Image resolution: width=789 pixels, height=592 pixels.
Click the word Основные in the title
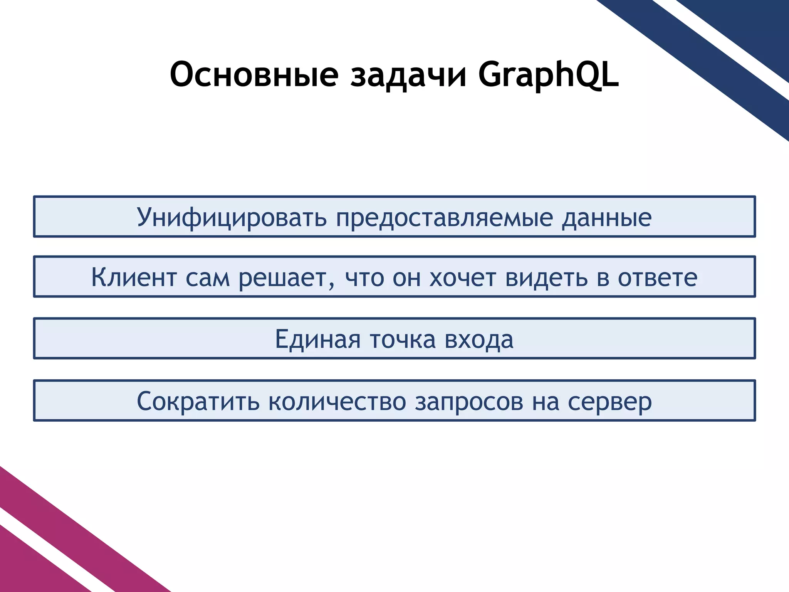tap(254, 74)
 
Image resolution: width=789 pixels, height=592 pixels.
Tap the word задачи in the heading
tap(408, 74)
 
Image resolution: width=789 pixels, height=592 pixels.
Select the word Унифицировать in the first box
tap(232, 218)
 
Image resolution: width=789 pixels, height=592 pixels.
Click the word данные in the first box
tap(606, 218)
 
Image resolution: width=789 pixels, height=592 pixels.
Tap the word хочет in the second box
tap(462, 277)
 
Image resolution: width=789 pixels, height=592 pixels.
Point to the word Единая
tap(317, 340)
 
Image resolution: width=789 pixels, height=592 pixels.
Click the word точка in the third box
tap(403, 340)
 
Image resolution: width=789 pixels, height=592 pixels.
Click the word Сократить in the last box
tap(198, 402)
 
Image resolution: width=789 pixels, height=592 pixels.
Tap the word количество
tap(337, 402)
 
